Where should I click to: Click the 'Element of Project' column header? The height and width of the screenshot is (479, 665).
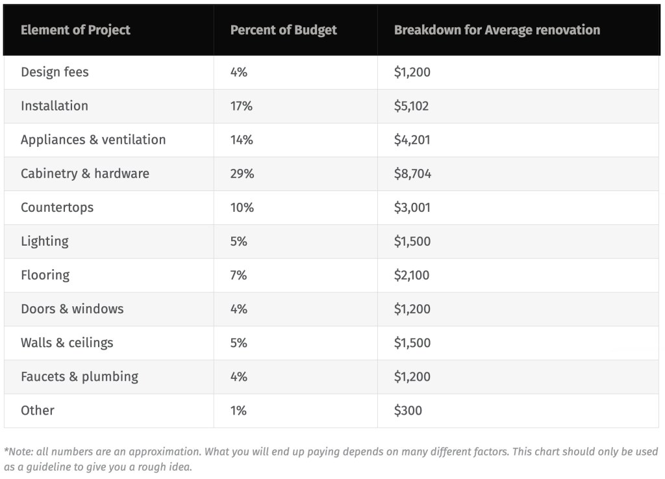tap(75, 31)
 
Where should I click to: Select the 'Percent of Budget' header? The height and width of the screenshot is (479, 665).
tap(283, 31)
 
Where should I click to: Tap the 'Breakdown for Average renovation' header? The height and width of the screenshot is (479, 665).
tap(497, 31)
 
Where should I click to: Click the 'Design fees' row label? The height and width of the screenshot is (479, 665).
tap(55, 72)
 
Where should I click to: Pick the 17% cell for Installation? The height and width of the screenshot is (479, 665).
tap(241, 106)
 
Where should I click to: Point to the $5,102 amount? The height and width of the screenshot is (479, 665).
tap(411, 106)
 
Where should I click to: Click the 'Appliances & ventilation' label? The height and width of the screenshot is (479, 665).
tap(93, 140)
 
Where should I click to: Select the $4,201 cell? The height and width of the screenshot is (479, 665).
tap(412, 140)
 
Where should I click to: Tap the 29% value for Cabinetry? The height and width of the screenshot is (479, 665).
tap(242, 174)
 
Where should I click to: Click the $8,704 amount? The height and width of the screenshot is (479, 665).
tap(412, 174)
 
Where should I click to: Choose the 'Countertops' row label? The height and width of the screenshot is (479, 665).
tap(57, 207)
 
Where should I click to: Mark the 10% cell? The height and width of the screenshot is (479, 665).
tap(242, 207)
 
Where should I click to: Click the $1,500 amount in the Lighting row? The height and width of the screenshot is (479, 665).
tap(412, 241)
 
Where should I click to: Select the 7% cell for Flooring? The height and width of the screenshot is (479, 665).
tap(238, 275)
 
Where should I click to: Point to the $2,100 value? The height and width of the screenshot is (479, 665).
tap(412, 275)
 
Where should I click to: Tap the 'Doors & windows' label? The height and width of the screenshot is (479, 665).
tap(72, 309)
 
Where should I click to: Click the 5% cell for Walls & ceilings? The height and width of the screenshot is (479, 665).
tap(238, 343)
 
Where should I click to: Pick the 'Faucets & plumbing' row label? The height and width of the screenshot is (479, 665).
tap(79, 376)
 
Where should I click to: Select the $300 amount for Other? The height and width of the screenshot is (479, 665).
tap(408, 410)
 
